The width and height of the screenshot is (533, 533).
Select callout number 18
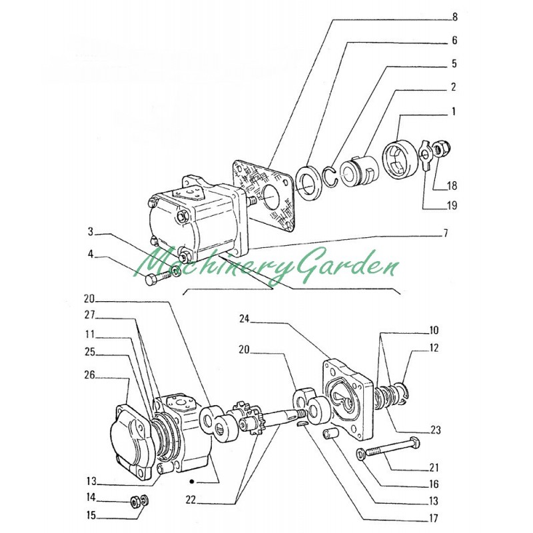coord(452,185)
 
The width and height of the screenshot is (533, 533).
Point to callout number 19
coord(452,206)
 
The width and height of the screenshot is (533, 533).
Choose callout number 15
coord(89,515)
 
